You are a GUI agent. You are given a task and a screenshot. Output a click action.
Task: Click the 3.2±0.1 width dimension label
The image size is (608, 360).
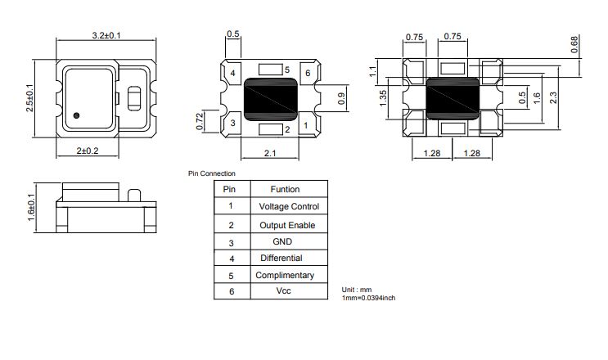click(x=106, y=35)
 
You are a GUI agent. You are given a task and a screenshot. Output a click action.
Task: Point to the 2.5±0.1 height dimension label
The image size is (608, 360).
click(x=29, y=98)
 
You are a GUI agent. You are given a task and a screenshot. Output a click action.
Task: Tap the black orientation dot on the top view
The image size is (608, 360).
click(x=76, y=115)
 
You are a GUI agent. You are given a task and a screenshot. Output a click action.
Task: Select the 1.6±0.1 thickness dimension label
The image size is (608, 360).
click(x=31, y=208)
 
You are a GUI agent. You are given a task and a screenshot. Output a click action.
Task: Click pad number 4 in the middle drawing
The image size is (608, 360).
click(x=232, y=73)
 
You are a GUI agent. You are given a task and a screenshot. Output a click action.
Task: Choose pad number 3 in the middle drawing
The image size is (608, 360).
click(x=232, y=123)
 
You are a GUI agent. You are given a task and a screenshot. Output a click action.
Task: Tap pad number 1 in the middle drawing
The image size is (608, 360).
click(x=306, y=125)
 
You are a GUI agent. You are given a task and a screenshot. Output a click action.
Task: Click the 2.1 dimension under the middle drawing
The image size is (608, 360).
click(x=270, y=153)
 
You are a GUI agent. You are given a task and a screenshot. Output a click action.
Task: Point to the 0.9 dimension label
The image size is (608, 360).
click(x=341, y=98)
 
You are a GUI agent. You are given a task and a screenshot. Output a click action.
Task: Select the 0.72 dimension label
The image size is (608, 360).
click(x=200, y=121)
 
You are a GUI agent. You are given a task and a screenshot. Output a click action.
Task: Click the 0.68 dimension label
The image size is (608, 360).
click(x=574, y=44)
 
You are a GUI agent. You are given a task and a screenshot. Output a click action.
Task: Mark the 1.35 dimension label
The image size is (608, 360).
click(x=383, y=98)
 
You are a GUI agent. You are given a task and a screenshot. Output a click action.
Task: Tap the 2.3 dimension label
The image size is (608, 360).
click(x=553, y=97)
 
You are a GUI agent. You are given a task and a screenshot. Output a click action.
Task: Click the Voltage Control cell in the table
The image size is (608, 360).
click(x=289, y=206)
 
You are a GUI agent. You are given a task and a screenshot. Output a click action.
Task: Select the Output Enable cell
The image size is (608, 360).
click(x=287, y=225)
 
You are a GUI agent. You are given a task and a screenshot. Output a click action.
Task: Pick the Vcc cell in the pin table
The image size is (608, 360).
click(x=283, y=290)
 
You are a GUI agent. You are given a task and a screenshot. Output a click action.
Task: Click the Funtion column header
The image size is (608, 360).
click(x=285, y=189)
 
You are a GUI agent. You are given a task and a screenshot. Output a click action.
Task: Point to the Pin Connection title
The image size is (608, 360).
click(x=212, y=173)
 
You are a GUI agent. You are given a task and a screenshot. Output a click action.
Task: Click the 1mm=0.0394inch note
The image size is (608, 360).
click(x=368, y=298)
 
